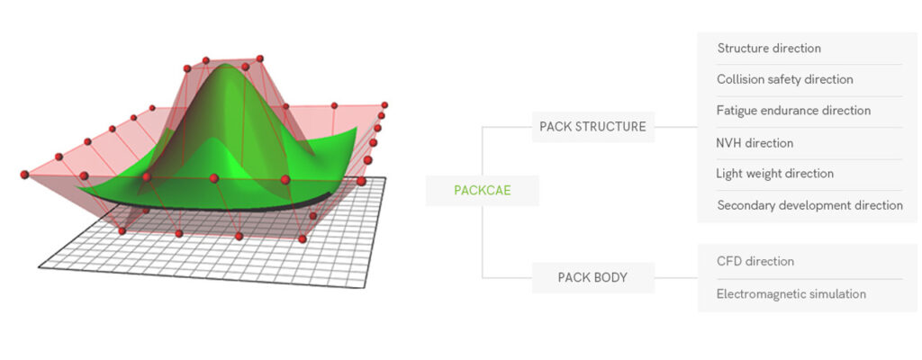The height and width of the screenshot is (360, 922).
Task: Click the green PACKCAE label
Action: click(483, 191)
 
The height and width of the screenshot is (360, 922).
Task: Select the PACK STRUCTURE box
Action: click(592, 127)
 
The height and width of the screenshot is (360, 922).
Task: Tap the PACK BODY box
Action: click(592, 277)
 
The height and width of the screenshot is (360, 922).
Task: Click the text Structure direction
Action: click(769, 49)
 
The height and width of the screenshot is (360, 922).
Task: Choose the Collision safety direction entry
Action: click(784, 79)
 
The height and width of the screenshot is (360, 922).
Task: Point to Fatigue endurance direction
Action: click(793, 111)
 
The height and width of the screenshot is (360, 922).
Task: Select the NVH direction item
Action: click(755, 143)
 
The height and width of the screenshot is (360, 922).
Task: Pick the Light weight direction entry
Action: click(774, 174)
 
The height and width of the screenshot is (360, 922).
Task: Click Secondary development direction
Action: click(809, 205)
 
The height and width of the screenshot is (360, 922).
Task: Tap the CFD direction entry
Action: click(755, 261)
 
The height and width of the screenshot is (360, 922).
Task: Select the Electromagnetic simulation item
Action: click(791, 294)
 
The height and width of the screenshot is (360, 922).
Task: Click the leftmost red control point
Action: click(24, 175)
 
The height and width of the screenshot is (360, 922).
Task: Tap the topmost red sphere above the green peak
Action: click(259, 58)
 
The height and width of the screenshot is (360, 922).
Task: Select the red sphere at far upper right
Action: click(384, 104)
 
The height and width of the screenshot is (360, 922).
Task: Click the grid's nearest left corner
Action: click(39, 267)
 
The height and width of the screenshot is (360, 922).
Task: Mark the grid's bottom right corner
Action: click(364, 288)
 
